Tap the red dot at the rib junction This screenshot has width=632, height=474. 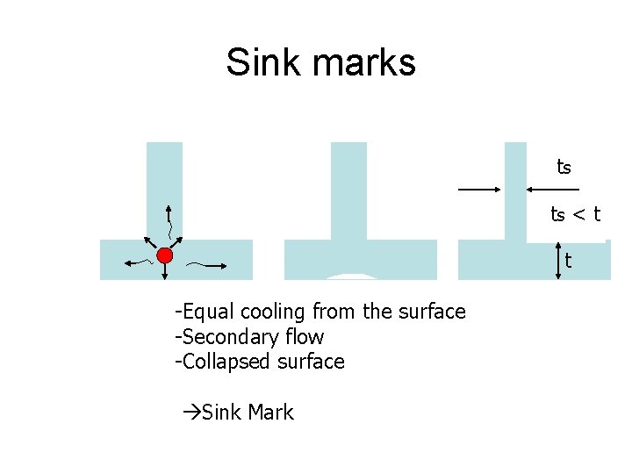click(164, 255)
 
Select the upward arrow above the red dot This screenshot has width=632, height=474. click(169, 224)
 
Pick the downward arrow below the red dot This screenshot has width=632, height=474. click(165, 272)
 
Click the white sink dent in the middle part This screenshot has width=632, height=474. click(351, 276)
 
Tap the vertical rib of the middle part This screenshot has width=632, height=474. click(348, 189)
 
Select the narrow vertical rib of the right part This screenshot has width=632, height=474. click(515, 189)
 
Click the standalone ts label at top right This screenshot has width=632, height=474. click(564, 166)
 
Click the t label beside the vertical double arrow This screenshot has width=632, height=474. click(568, 261)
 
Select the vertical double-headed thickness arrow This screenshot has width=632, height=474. click(559, 262)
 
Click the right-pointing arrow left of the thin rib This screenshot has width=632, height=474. click(479, 189)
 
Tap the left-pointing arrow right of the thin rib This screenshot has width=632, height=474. click(553, 189)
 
